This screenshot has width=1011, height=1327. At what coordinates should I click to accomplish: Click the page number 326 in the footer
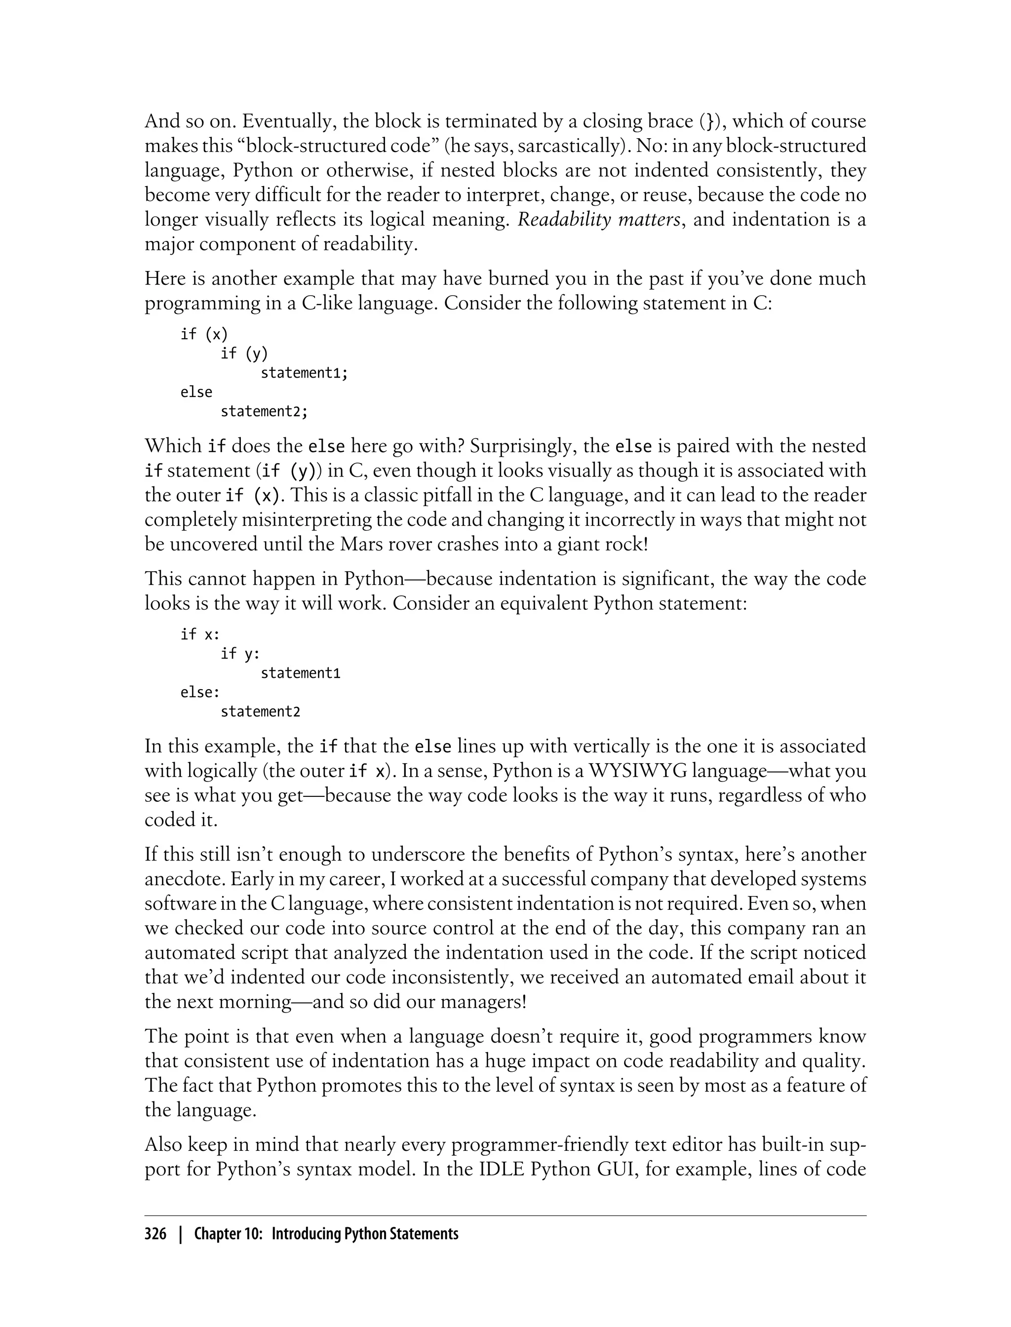156,1233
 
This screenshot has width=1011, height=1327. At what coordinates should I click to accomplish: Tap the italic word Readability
564,220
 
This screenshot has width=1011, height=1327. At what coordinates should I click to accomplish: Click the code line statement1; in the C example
305,373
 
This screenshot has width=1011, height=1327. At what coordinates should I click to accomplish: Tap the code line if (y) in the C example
244,353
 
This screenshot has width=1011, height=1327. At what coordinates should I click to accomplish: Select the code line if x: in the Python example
200,634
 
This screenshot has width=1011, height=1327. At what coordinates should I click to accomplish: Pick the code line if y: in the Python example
240,654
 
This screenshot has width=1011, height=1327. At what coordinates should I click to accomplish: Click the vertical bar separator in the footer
180,1233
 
